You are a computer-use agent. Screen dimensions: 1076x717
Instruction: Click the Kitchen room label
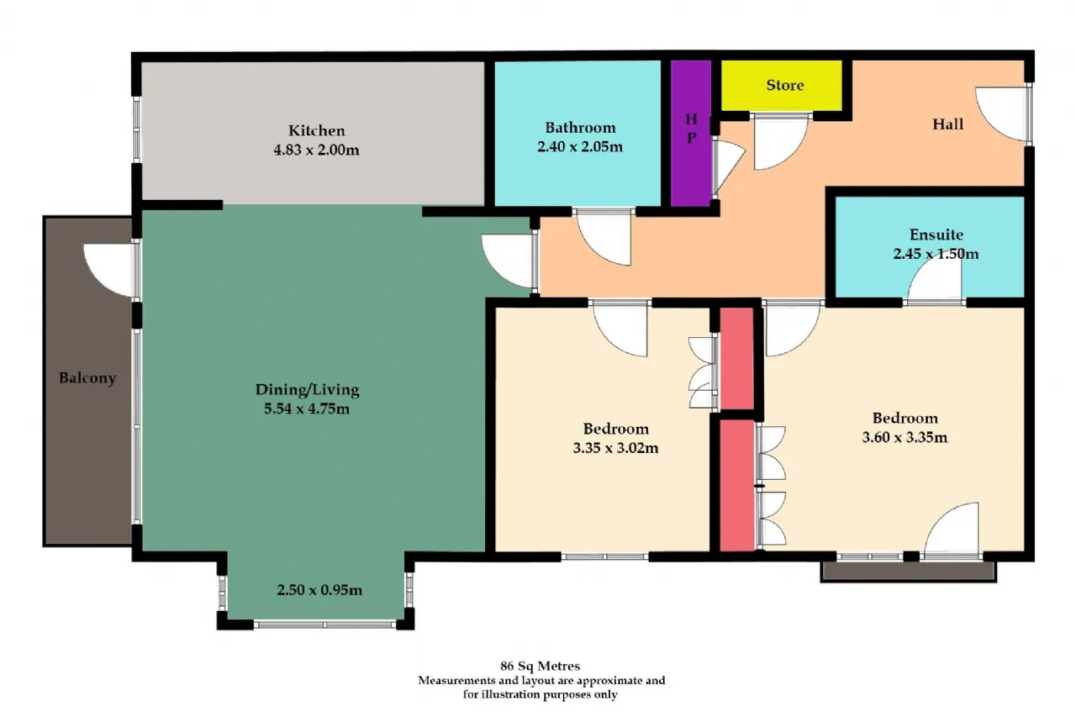[317, 130]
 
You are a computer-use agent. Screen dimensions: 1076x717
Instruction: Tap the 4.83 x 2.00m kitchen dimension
[317, 150]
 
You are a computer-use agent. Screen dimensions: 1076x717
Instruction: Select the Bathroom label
[580, 128]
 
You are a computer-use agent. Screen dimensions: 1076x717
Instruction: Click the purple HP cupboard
[691, 133]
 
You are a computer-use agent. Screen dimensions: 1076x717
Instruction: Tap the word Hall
[947, 124]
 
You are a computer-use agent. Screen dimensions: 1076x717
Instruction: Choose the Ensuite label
[936, 235]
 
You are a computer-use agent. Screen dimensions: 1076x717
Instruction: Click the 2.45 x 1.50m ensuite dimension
[936, 254]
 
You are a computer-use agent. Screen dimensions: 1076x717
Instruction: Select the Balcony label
[87, 378]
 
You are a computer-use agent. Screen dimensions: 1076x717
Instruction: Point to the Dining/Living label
[307, 389]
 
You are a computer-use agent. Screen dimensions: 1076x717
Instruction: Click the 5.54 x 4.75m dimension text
[307, 409]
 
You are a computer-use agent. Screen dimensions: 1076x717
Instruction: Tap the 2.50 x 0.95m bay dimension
[319, 590]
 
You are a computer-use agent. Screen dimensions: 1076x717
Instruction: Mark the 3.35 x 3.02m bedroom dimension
[615, 447]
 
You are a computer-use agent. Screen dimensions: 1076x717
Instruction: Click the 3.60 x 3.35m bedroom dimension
[905, 437]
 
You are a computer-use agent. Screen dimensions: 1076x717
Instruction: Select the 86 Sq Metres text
[540, 666]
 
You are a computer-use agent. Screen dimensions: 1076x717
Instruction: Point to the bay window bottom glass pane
[324, 625]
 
